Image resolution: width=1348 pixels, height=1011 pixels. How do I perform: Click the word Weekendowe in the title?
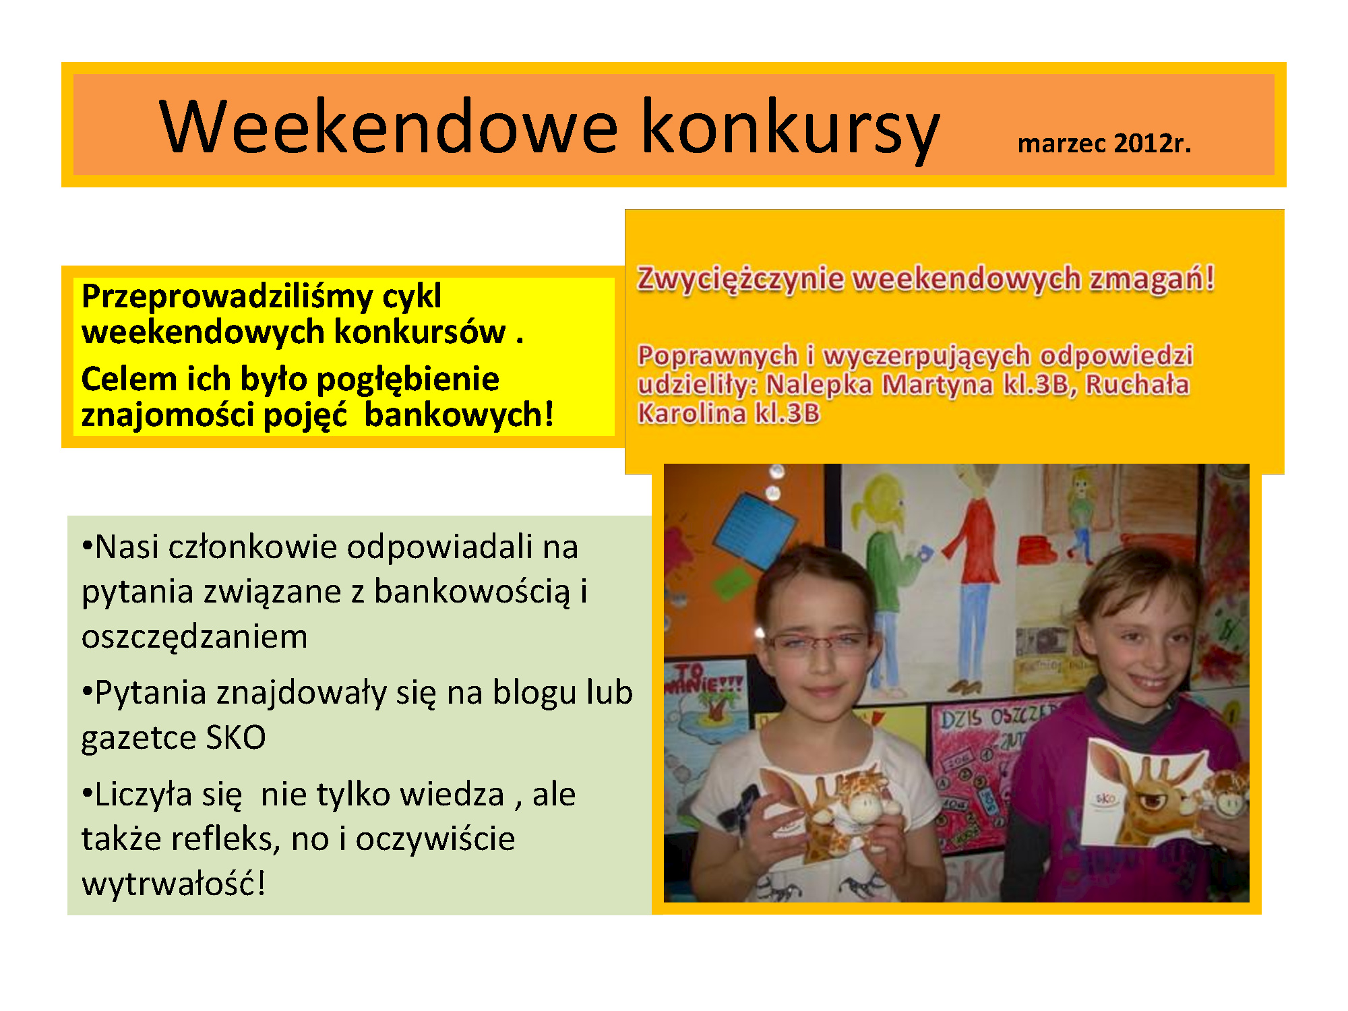388,126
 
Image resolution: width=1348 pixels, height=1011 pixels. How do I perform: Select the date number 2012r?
1153,143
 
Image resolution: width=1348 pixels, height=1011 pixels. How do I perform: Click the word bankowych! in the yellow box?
459,414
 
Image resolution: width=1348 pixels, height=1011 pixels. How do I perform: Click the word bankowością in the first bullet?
472,592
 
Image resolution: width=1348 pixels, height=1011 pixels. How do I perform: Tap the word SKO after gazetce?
236,737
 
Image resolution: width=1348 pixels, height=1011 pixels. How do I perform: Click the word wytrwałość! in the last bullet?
173,883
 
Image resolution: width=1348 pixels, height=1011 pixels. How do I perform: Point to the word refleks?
225,838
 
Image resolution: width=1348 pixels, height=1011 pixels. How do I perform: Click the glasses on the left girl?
817,642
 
